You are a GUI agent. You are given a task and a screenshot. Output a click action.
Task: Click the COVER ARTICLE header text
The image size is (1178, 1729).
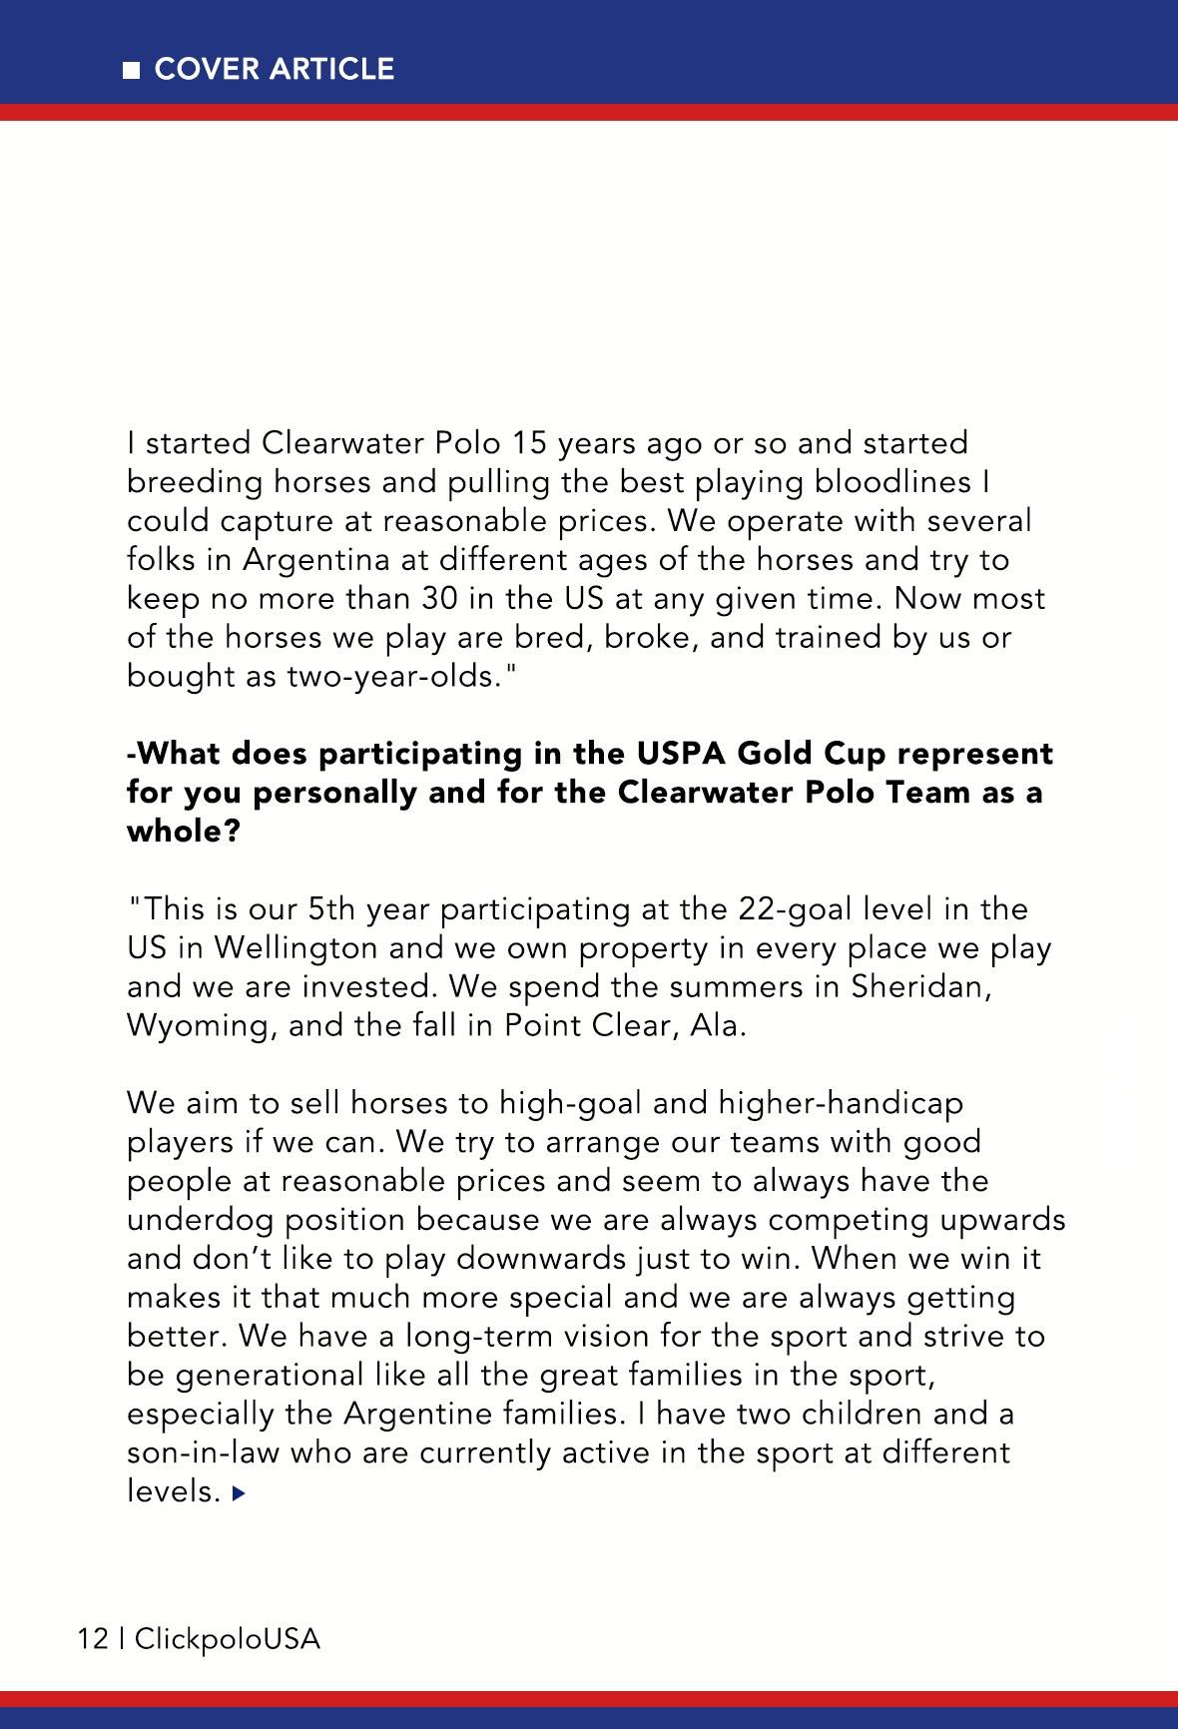click(x=275, y=69)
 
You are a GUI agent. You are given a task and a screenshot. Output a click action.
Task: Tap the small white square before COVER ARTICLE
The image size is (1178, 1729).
click(x=132, y=70)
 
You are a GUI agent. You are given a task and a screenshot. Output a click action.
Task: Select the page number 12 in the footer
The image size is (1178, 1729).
click(x=93, y=1638)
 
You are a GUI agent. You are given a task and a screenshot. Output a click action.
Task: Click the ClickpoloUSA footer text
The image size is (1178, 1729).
click(x=228, y=1638)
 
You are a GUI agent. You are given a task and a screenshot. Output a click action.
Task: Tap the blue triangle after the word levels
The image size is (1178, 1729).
click(x=238, y=1493)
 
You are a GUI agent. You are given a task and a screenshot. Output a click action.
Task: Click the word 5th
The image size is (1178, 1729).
click(x=333, y=909)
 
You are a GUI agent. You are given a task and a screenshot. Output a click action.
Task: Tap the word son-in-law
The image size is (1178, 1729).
click(x=203, y=1453)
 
